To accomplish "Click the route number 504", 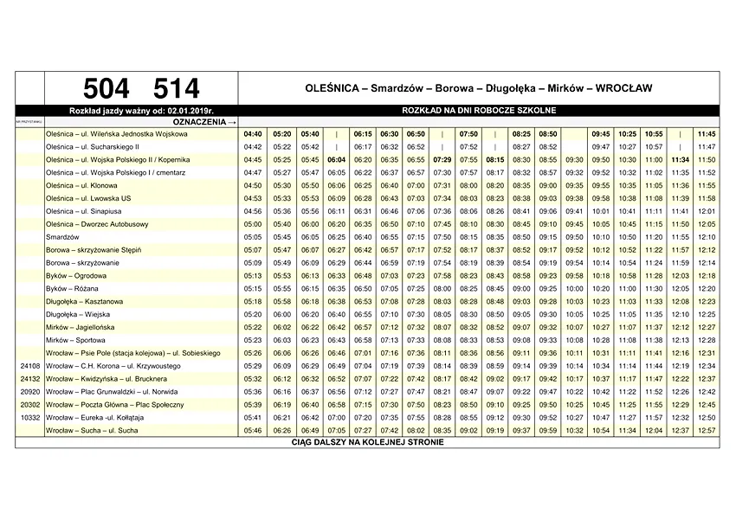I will pyautogui.click(x=107, y=88).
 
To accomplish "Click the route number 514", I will pyautogui.click(x=176, y=88).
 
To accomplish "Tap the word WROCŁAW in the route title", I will pyautogui.click(x=619, y=88).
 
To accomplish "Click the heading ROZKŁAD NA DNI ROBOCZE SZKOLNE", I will pyautogui.click(x=479, y=111).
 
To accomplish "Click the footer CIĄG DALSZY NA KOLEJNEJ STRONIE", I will pyautogui.click(x=367, y=442).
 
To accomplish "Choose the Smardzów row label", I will pyautogui.click(x=62, y=236).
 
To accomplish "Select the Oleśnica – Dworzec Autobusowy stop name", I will pyautogui.click(x=97, y=224).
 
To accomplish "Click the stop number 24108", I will pyautogui.click(x=29, y=366).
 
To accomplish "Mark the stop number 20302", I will pyautogui.click(x=29, y=404).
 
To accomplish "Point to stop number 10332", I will pyautogui.click(x=29, y=417).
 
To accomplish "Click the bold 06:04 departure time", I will pyautogui.click(x=337, y=160).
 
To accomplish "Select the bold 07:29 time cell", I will pyautogui.click(x=442, y=160).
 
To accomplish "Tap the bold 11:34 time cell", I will pyautogui.click(x=680, y=160).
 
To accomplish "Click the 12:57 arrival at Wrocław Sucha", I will pyautogui.click(x=707, y=430).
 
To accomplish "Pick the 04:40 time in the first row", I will pyautogui.click(x=253, y=134).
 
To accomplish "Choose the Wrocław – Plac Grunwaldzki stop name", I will pyautogui.click(x=112, y=391).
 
